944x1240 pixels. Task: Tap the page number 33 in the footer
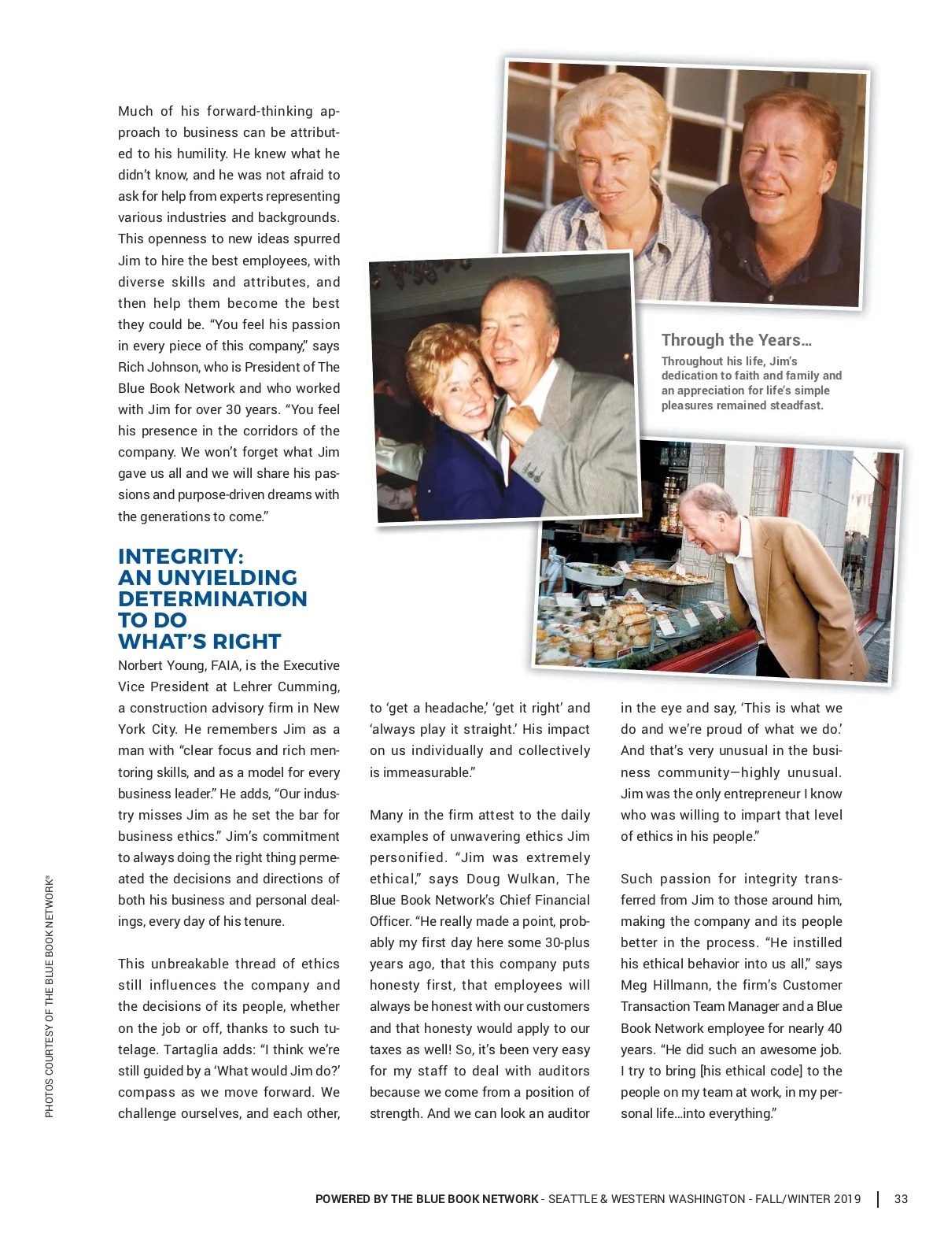(x=901, y=1199)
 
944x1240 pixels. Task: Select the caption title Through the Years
(x=736, y=340)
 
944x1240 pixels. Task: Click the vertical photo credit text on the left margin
(x=50, y=997)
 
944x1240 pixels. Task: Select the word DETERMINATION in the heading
(x=212, y=598)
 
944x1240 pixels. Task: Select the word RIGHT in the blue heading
(x=247, y=641)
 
